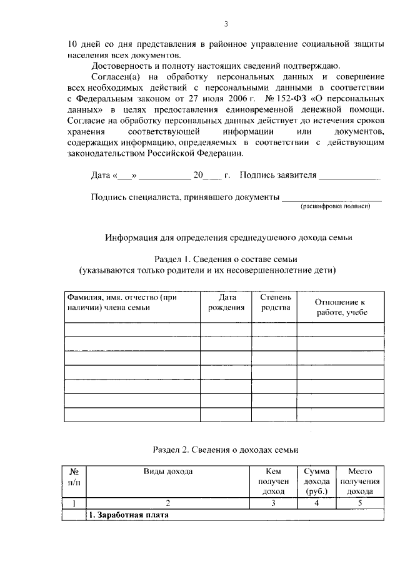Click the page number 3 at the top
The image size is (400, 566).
point(226,24)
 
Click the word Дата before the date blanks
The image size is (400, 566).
point(101,176)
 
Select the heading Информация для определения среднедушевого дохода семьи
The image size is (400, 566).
point(229,238)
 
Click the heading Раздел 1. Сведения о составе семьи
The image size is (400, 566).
point(224,260)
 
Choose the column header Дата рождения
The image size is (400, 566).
point(226,303)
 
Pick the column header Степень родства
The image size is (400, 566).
point(274,303)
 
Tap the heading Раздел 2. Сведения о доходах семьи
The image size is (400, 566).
point(226,450)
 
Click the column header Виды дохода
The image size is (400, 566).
point(167,471)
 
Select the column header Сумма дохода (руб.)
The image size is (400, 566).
point(316,481)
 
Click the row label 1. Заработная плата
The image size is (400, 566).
point(128,515)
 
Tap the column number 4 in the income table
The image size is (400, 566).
point(316,503)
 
